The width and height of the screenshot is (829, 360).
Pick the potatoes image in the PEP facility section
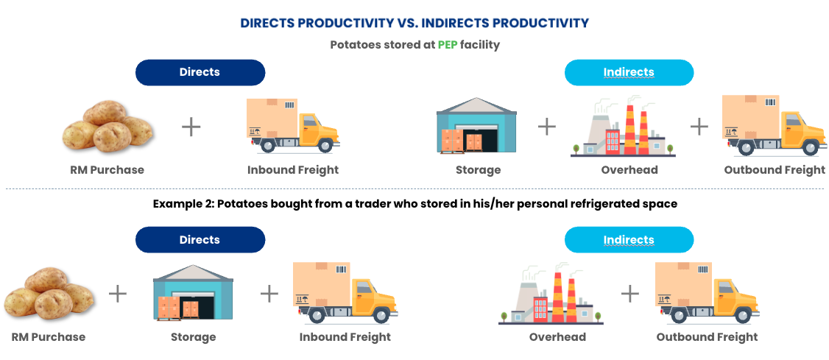[x=107, y=127]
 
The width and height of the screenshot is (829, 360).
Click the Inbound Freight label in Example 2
[x=345, y=336]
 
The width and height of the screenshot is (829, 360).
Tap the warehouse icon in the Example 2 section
[x=193, y=292]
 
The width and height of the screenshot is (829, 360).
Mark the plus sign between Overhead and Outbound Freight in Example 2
[x=629, y=293]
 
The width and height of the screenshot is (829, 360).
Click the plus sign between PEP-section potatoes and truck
[x=191, y=127]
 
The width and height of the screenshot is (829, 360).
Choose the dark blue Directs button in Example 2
[x=200, y=239]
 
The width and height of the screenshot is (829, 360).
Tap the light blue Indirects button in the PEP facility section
[x=629, y=72]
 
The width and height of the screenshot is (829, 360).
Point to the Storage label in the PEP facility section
[x=478, y=169]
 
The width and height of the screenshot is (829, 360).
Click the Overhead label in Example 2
[x=557, y=336]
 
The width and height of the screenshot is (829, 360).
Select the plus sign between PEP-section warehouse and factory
[x=547, y=127]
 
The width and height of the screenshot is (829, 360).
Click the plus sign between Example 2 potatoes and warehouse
[x=118, y=293]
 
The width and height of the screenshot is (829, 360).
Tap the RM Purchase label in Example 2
[x=48, y=336]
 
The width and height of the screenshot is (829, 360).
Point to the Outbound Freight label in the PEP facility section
[x=775, y=169]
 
